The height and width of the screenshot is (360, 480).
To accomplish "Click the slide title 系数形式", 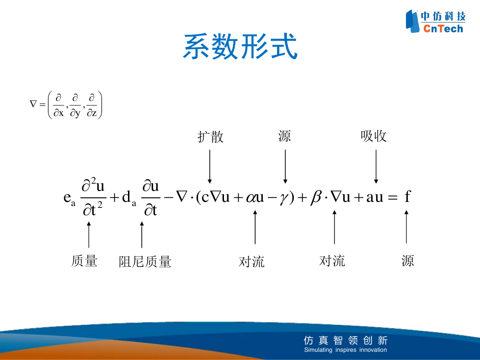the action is pyautogui.click(x=240, y=46).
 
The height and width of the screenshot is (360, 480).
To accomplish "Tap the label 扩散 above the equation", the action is pyautogui.click(x=210, y=137).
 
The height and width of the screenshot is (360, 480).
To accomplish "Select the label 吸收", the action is pyautogui.click(x=373, y=136).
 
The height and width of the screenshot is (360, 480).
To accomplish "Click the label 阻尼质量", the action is pyautogui.click(x=145, y=262).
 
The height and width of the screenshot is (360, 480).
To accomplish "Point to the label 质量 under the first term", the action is pyautogui.click(x=84, y=261).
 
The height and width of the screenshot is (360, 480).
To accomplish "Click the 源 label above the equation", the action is pyautogui.click(x=284, y=136).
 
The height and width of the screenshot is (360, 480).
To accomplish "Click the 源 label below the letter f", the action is pyautogui.click(x=407, y=261).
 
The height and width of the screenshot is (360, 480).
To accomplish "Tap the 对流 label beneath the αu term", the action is pyautogui.click(x=251, y=262).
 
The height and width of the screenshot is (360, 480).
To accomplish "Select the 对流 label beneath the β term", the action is pyautogui.click(x=332, y=261).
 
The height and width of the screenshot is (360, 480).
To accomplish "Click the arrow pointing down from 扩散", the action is pyautogui.click(x=210, y=166).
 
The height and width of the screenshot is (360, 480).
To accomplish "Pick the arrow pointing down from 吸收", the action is pyautogui.click(x=376, y=166).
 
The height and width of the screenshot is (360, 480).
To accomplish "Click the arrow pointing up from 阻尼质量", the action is pyautogui.click(x=142, y=235).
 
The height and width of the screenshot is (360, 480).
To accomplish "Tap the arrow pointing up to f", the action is pyautogui.click(x=406, y=227).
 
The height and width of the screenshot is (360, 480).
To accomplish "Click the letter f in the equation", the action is pyautogui.click(x=407, y=196).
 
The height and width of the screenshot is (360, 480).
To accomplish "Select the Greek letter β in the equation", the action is pyautogui.click(x=316, y=196).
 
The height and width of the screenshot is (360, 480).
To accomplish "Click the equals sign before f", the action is pyautogui.click(x=393, y=197).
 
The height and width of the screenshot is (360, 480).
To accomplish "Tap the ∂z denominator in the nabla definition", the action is pyautogui.click(x=92, y=113).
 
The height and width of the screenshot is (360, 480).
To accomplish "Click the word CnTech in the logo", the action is pyautogui.click(x=443, y=28).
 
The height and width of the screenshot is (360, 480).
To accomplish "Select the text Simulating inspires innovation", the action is pyautogui.click(x=345, y=349).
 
